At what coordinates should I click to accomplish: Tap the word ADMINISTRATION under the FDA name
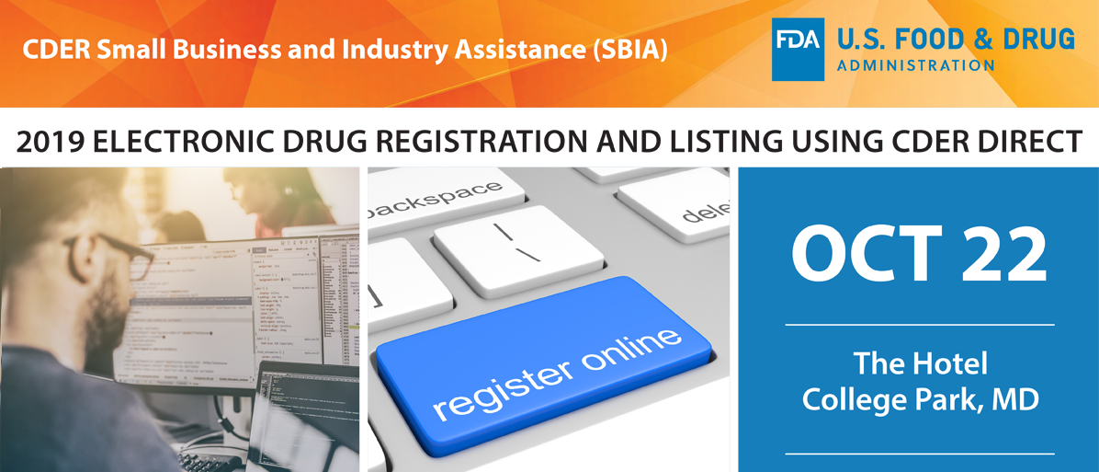(x=914, y=65)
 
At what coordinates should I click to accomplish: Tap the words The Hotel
(x=919, y=363)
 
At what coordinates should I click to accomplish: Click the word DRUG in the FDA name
(x=1037, y=40)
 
